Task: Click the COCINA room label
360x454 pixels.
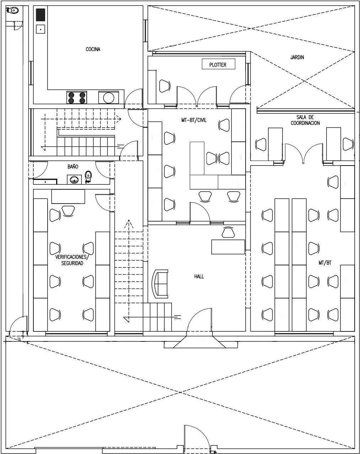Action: pyautogui.click(x=93, y=49)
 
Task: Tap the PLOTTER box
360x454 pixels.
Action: pyautogui.click(x=218, y=64)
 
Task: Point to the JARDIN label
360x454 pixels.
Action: pyautogui.click(x=297, y=57)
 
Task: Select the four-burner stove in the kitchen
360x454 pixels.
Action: pyautogui.click(x=77, y=97)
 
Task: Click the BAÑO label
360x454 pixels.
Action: pyautogui.click(x=73, y=166)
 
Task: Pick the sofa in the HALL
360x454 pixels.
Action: pyautogui.click(x=160, y=284)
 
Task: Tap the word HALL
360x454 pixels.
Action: pyautogui.click(x=199, y=276)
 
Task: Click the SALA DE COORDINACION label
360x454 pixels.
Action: pyautogui.click(x=305, y=120)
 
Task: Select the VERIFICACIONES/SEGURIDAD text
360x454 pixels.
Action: pyautogui.click(x=72, y=260)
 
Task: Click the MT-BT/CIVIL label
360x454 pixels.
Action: pyautogui.click(x=194, y=120)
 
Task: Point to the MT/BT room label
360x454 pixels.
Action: pyautogui.click(x=325, y=263)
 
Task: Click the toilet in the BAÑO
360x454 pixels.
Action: pyautogui.click(x=88, y=177)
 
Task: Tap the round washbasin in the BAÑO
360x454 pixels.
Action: pyautogui.click(x=74, y=179)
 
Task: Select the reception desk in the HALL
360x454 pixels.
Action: pyautogui.click(x=228, y=247)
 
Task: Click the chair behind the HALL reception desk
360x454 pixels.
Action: pyautogui.click(x=228, y=232)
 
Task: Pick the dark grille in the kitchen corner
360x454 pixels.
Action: pyautogui.click(x=41, y=15)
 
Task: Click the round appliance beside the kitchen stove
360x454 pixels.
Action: pyautogui.click(x=109, y=98)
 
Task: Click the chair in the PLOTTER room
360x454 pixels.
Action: pyautogui.click(x=165, y=86)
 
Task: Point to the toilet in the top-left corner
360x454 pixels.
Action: pyautogui.click(x=12, y=10)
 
